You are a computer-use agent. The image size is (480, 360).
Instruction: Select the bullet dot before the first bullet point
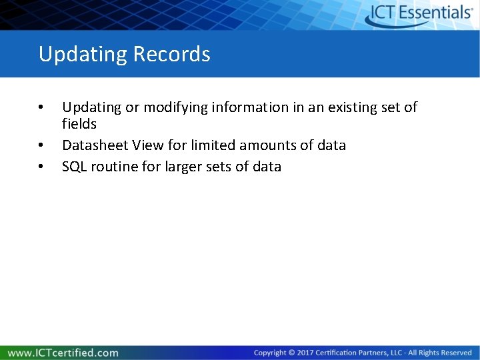41,107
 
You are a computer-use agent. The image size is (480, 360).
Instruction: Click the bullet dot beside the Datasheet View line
41,145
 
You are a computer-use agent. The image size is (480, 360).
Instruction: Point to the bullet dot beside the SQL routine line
41,167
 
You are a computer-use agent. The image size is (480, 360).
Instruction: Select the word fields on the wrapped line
79,124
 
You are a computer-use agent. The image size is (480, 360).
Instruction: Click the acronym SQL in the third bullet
74,167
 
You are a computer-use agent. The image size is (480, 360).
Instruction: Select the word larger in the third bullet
179,167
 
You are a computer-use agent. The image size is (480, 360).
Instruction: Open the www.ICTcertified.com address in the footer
63,352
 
